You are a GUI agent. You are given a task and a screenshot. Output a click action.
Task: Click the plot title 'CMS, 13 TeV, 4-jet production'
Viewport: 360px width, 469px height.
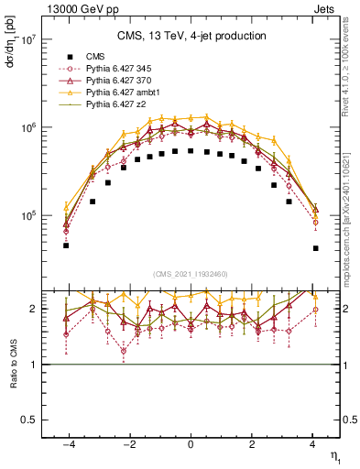(191, 37)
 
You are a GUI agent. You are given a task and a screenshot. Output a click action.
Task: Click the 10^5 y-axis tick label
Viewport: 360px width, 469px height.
(27, 216)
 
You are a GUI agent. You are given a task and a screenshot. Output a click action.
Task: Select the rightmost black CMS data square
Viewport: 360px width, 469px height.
(315, 248)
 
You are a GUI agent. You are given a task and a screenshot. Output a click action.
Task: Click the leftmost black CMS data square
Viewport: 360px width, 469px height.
(66, 245)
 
